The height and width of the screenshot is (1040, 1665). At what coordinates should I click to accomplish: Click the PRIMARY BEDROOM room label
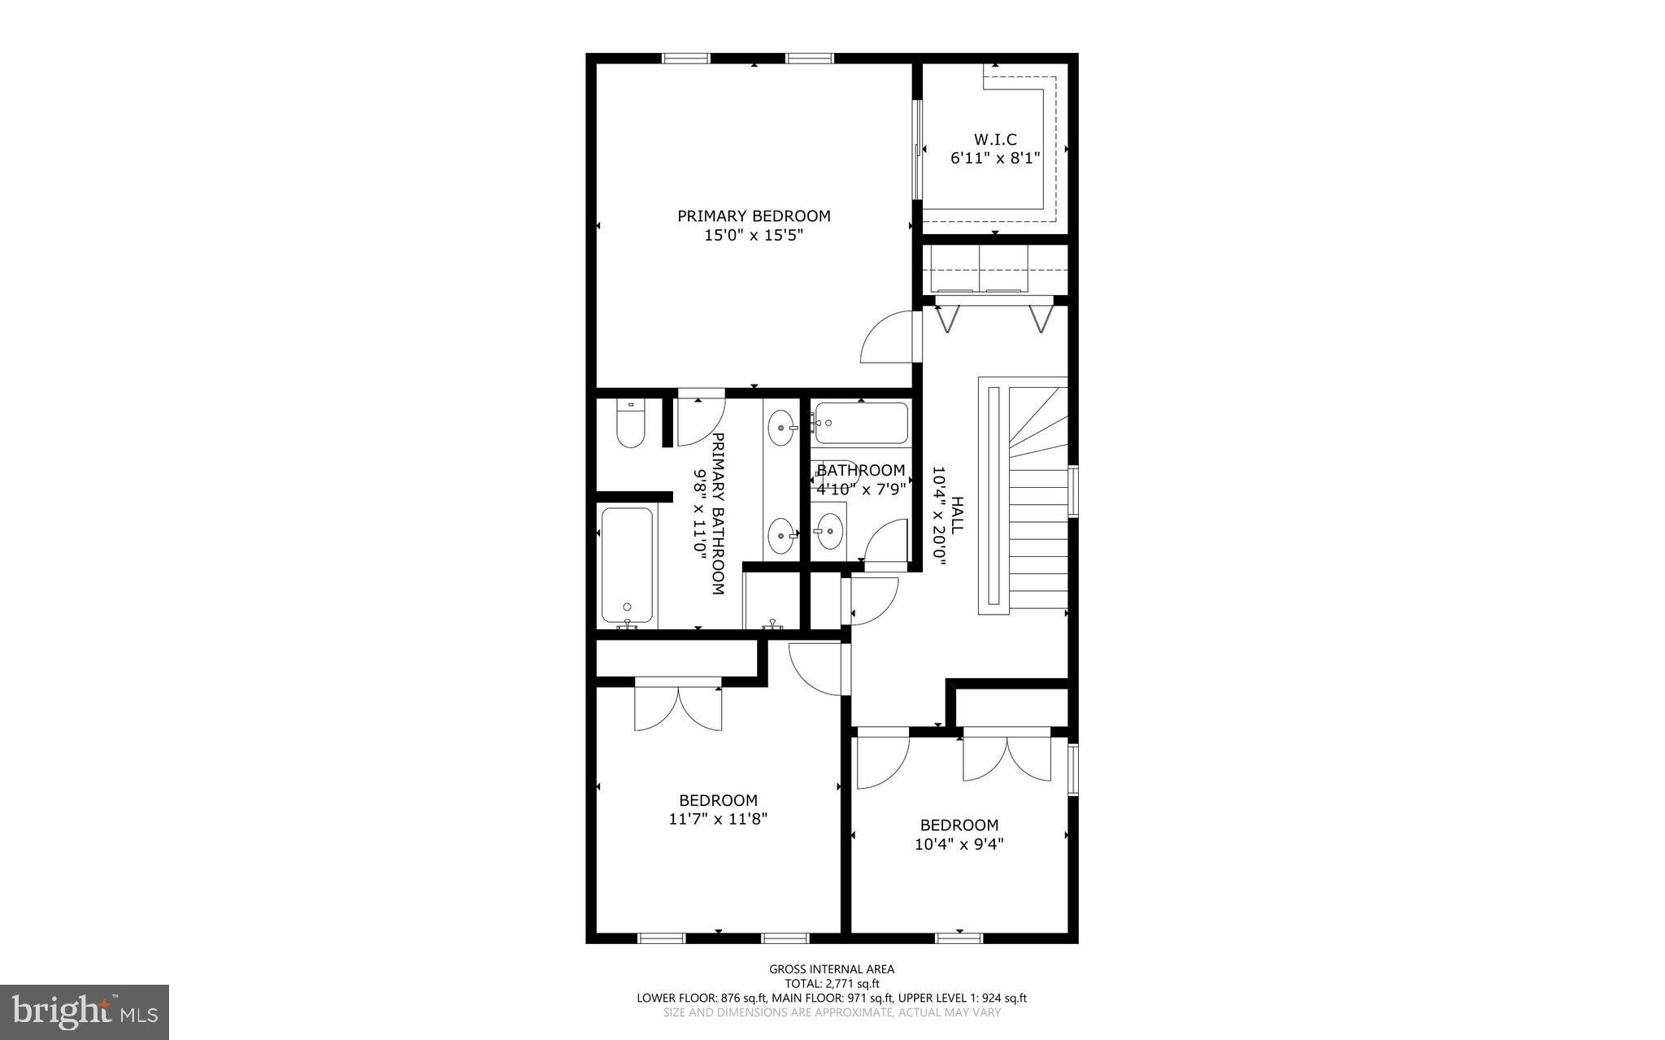tap(754, 216)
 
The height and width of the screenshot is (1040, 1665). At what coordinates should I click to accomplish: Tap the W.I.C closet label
tap(995, 140)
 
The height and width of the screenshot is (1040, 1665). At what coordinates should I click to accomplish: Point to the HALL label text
tap(957, 516)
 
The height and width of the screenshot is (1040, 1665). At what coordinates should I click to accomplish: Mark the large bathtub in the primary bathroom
tap(627, 566)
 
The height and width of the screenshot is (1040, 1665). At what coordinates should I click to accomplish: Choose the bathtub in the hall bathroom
tap(860, 423)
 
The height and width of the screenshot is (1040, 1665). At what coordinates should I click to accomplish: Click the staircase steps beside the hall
tap(1037, 537)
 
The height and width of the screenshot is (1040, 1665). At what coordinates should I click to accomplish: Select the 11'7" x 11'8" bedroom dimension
tap(718, 820)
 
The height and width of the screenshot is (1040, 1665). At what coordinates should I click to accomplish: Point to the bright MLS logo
tap(85, 1012)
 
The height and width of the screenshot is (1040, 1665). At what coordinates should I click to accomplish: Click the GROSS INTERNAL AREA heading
tap(832, 968)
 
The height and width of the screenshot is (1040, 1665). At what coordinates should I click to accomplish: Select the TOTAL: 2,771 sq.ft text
tap(832, 983)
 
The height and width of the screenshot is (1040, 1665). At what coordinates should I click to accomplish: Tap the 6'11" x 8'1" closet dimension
tap(995, 158)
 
